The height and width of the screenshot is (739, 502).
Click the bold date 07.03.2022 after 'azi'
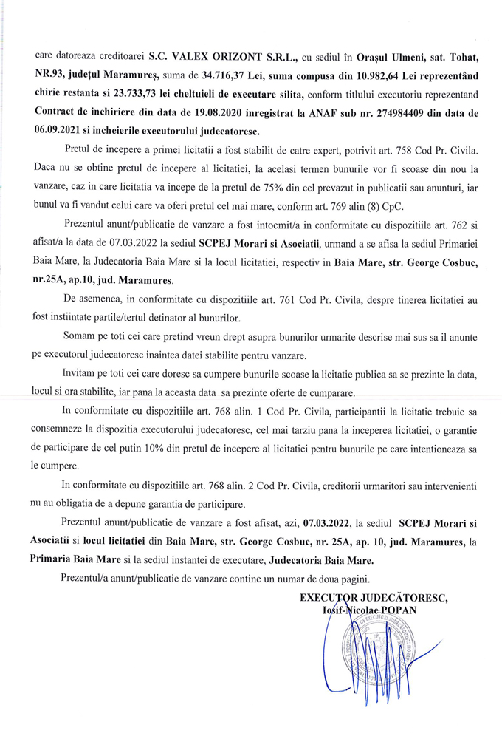[x=326, y=524]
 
